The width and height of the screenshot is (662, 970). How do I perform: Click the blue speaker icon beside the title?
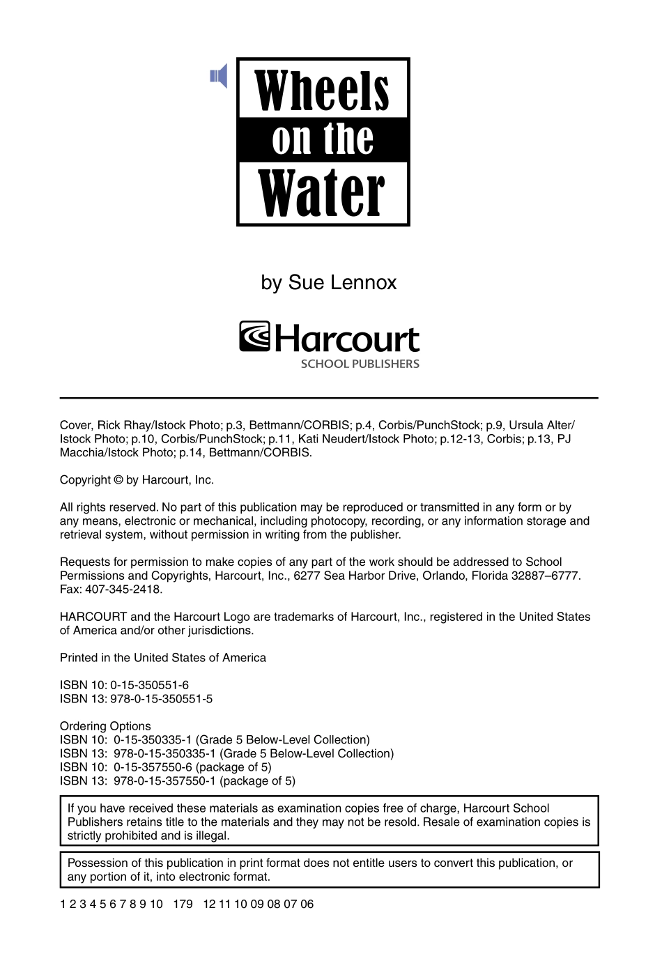pyautogui.click(x=219, y=76)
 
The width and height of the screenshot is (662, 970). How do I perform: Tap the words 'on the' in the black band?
pyautogui.click(x=323, y=139)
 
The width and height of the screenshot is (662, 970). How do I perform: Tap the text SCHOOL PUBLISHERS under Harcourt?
pyautogui.click(x=360, y=364)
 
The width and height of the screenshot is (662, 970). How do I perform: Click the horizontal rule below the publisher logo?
pyautogui.click(x=329, y=398)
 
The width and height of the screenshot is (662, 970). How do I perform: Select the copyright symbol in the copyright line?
pyautogui.click(x=118, y=480)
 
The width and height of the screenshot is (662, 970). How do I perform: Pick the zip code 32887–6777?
pyautogui.click(x=546, y=576)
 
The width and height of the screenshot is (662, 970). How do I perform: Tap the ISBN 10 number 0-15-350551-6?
pyautogui.click(x=149, y=686)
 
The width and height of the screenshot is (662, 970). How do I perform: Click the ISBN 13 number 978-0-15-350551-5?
pyautogui.click(x=161, y=699)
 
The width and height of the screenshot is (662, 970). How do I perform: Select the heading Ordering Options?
pyautogui.click(x=105, y=726)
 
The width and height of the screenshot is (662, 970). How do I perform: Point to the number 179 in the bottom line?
pyautogui.click(x=183, y=904)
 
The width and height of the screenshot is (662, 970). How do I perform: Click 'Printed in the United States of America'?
pyautogui.click(x=163, y=658)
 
